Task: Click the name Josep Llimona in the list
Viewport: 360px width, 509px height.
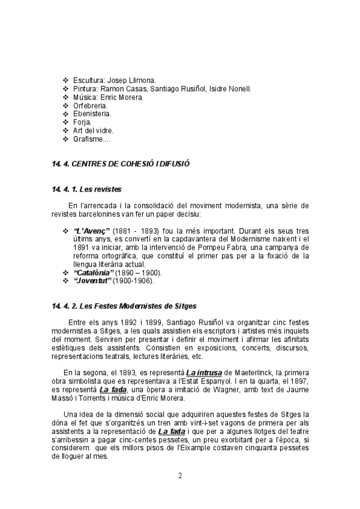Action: (x=136, y=80)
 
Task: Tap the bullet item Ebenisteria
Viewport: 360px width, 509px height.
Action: (x=92, y=113)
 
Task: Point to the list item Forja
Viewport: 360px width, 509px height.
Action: (x=82, y=122)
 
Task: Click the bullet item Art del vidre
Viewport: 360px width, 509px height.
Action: (x=93, y=130)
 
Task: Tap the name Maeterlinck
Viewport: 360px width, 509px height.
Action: (x=244, y=373)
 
